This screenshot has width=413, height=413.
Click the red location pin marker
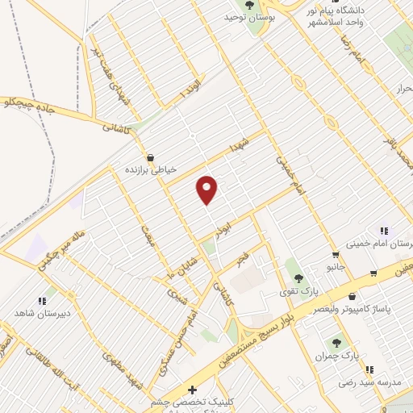(207, 190)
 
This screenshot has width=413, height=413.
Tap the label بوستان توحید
(246, 17)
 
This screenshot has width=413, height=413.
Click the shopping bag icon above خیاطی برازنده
(150, 158)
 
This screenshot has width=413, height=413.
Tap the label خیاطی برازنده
(150, 171)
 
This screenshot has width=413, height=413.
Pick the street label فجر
(241, 259)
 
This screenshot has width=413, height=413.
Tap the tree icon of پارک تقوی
(299, 278)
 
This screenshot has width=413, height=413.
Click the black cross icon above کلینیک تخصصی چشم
(192, 390)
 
